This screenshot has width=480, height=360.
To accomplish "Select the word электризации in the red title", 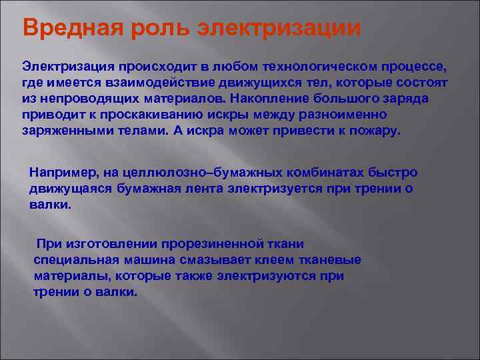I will click(x=279, y=29).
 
